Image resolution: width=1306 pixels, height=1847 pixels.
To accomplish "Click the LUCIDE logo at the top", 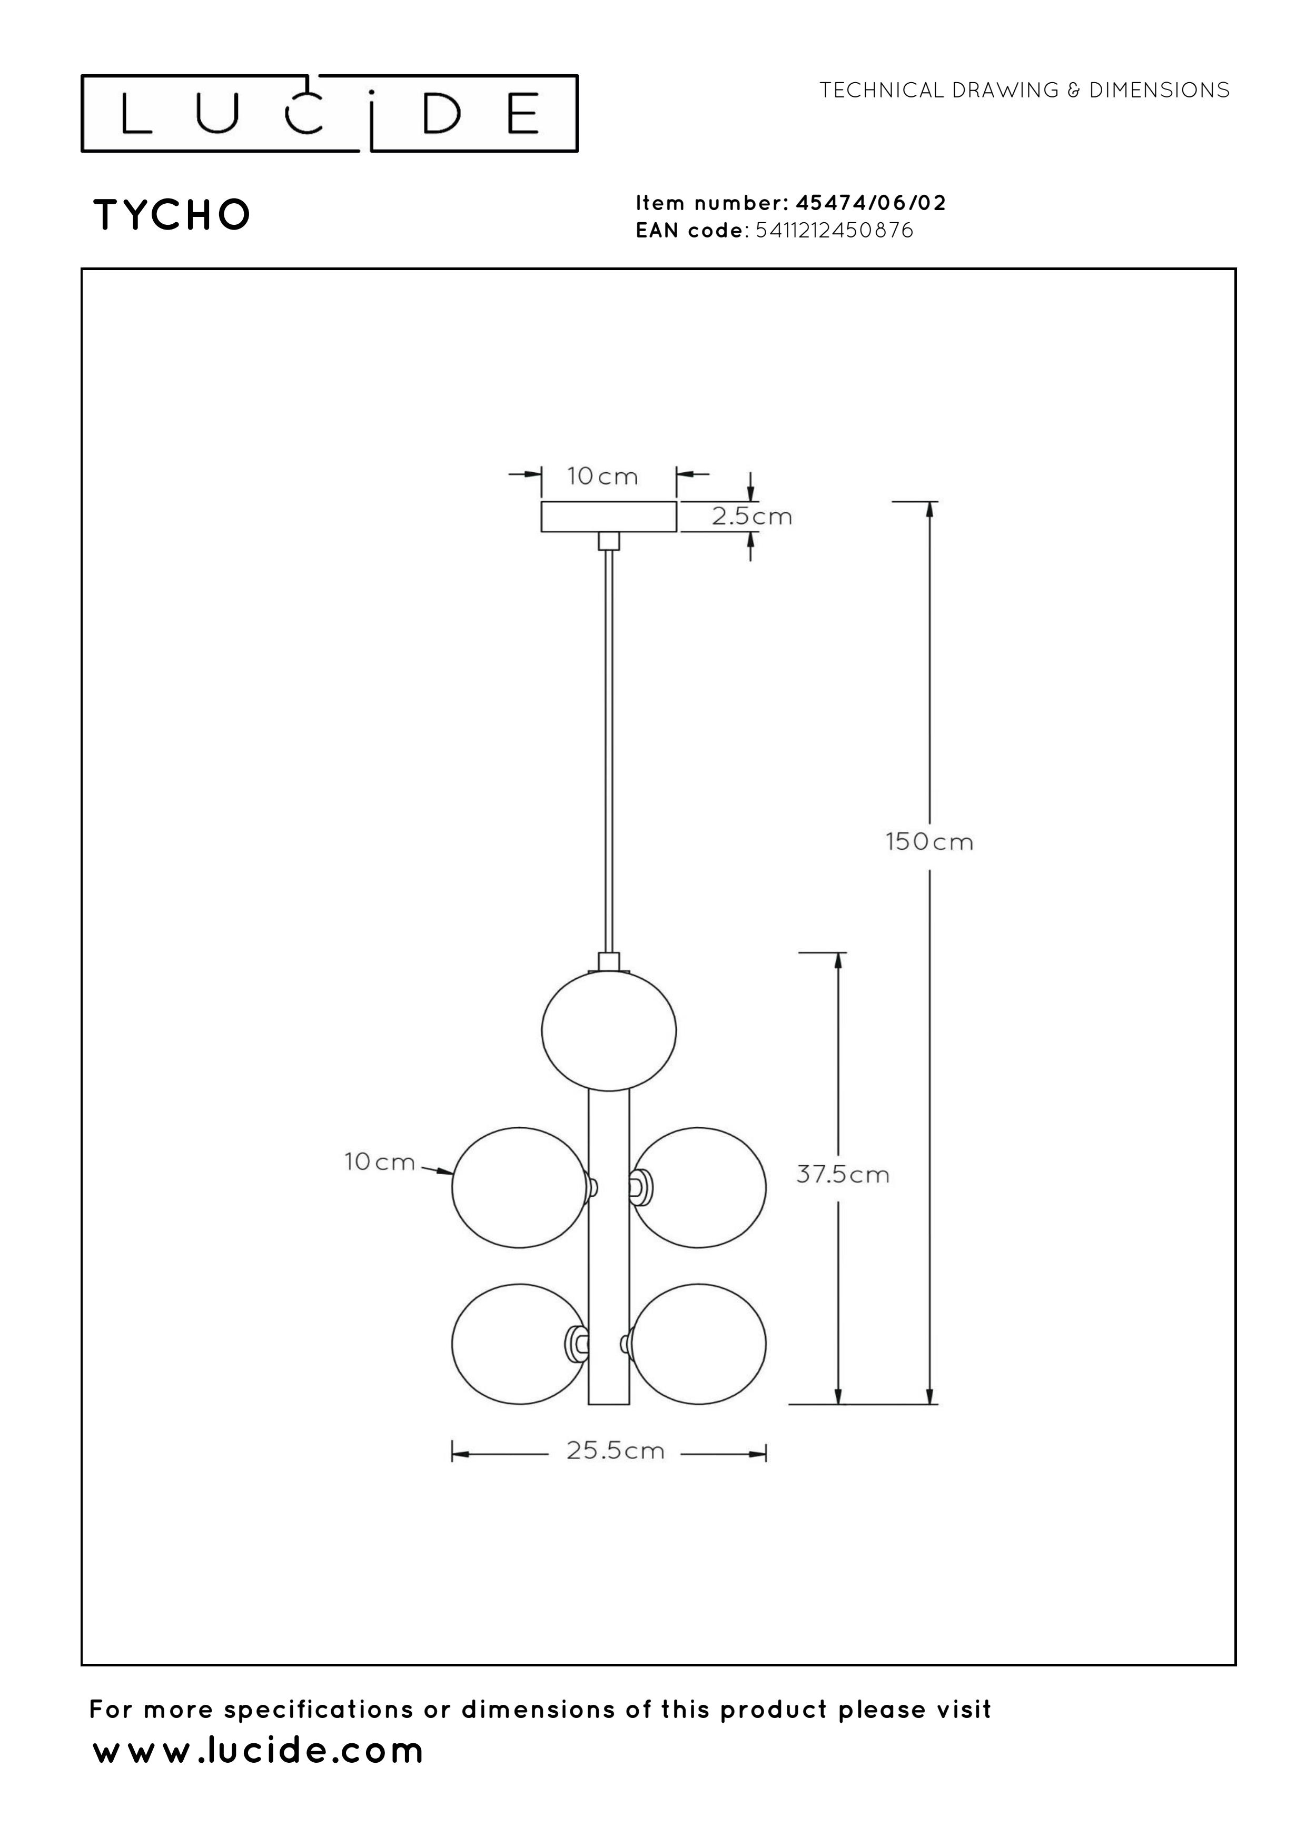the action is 329,113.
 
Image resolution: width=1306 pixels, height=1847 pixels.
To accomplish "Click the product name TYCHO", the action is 172,215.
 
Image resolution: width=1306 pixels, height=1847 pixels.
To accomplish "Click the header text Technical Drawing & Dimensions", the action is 1024,90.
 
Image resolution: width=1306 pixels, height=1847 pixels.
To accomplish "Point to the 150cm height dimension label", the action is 929,842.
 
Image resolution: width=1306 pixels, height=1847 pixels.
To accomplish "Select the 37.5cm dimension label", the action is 843,1175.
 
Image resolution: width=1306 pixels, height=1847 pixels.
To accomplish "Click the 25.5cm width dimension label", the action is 616,1451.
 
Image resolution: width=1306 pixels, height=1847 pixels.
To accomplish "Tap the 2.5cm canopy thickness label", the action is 751,517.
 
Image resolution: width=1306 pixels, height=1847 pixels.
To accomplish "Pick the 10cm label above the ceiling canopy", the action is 602,477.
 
